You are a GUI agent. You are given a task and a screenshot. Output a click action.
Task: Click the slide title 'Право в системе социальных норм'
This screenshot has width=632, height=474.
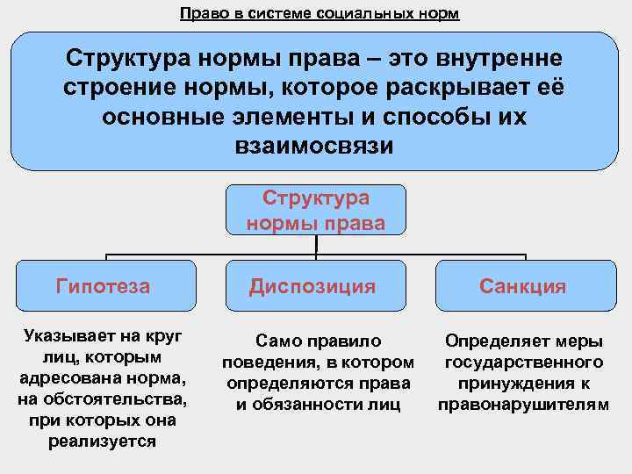tap(319, 14)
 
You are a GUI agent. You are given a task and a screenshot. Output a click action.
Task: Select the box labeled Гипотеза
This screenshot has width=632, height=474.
tap(103, 286)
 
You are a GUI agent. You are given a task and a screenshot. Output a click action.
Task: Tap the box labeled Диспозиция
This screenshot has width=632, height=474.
tap(312, 286)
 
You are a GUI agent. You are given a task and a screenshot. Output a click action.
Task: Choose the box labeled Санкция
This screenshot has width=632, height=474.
tap(523, 286)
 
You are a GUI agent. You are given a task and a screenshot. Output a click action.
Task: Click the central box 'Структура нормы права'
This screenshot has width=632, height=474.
tap(316, 211)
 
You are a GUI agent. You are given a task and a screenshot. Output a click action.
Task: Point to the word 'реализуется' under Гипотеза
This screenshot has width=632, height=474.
tap(103, 442)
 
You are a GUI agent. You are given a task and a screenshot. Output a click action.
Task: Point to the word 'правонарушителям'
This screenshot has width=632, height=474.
tap(523, 404)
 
